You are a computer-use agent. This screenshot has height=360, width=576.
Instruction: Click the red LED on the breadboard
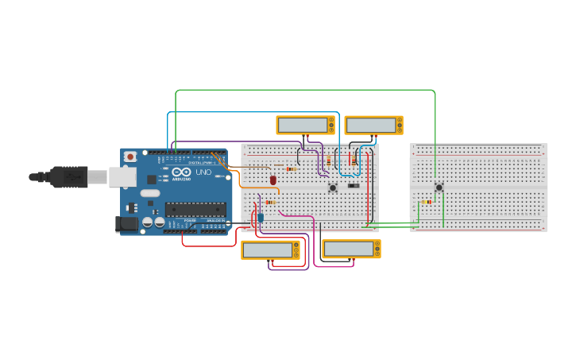tap(273, 180)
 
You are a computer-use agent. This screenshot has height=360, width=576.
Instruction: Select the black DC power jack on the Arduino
tap(126, 224)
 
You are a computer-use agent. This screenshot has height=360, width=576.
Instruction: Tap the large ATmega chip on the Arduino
tap(195, 210)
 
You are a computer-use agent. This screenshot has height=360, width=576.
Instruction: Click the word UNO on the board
tap(203, 172)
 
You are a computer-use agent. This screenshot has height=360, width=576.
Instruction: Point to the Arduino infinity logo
tap(181, 172)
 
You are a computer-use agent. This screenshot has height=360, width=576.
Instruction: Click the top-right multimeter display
tap(370, 125)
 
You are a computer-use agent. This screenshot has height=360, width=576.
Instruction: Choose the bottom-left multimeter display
tap(267, 250)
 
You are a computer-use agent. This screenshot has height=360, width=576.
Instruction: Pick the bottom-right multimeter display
tap(348, 248)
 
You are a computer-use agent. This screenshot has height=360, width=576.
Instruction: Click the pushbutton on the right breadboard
tap(439, 188)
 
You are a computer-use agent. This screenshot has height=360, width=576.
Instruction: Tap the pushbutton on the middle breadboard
tap(333, 188)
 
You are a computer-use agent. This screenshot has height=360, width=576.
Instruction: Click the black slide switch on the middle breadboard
tap(354, 186)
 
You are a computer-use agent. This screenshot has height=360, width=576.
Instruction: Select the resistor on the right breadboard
tap(427, 202)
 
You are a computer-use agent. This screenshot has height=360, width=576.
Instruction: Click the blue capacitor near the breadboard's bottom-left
tap(260, 217)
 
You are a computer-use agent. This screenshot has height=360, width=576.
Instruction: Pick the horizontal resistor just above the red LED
tap(291, 168)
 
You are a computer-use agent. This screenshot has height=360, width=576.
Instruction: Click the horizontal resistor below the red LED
tap(270, 202)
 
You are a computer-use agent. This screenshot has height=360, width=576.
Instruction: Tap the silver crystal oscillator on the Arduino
tap(150, 193)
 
